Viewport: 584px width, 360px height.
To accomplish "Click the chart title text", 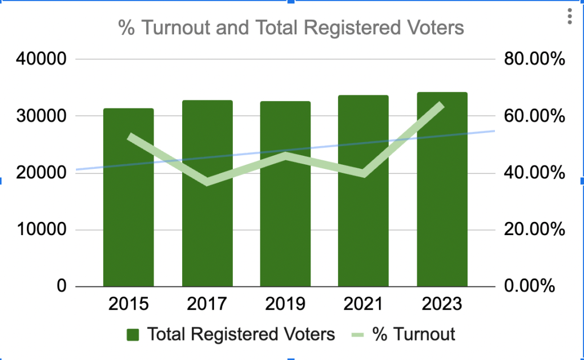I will tap(291, 27).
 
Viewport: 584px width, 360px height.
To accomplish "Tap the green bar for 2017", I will tap(207, 228).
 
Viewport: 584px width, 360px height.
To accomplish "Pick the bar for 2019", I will tap(285, 228).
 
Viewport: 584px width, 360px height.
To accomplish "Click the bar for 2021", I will tap(363, 228).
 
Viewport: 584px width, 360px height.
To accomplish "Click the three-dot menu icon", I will tap(569, 17).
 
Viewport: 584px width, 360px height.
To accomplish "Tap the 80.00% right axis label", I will tap(534, 59).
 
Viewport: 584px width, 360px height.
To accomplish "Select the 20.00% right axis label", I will tap(534, 229).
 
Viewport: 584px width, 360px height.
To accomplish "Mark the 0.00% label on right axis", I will tap(530, 286).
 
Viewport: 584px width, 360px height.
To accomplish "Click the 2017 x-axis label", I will tap(207, 304).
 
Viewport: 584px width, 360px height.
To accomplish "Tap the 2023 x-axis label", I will tap(442, 304).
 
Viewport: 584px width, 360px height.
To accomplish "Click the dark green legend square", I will tap(134, 334).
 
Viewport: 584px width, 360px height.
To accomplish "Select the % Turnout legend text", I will tap(413, 334).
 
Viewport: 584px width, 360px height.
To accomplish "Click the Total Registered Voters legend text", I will tap(241, 334).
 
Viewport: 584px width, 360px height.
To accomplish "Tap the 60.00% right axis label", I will tap(534, 116).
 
